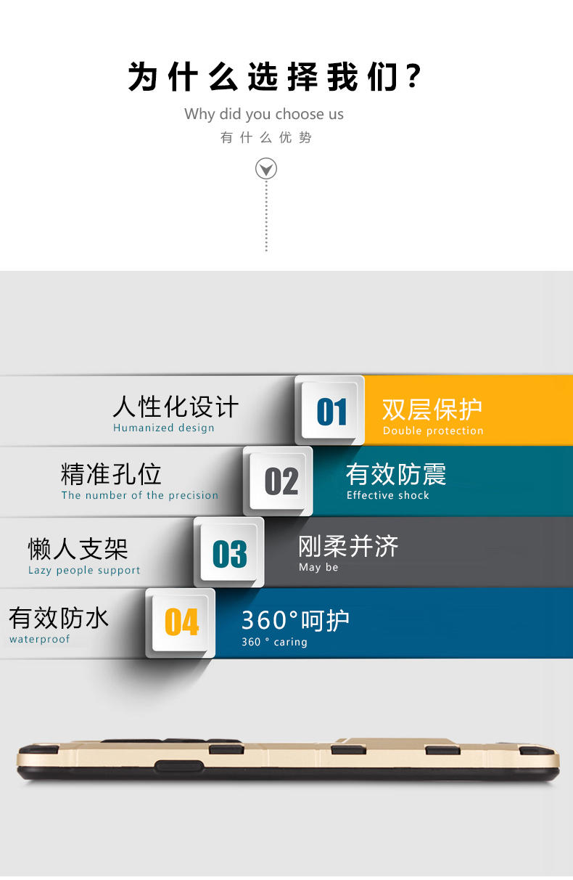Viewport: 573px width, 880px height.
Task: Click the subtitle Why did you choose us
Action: tap(264, 114)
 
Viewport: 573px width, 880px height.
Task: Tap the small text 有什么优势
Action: tap(266, 138)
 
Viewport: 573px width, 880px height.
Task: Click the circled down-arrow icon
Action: tap(266, 170)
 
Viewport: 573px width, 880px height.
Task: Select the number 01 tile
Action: tap(331, 411)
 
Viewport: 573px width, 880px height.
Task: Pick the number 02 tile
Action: tap(281, 481)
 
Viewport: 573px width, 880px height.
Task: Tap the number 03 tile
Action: tap(229, 553)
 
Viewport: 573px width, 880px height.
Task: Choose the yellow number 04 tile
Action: tap(181, 622)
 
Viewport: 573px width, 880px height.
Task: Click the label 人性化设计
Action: tap(176, 407)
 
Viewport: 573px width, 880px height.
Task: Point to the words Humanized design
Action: tap(164, 428)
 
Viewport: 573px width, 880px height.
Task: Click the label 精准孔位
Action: tap(111, 474)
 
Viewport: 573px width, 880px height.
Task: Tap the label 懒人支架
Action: tap(78, 548)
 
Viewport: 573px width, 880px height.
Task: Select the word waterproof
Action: tap(40, 640)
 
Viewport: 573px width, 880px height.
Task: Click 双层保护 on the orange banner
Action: tap(432, 410)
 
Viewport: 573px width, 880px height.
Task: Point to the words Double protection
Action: tap(433, 431)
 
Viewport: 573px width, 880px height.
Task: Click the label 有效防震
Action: tap(396, 474)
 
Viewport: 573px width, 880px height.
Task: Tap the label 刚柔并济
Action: tap(348, 546)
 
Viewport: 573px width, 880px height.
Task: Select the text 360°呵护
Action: tap(295, 620)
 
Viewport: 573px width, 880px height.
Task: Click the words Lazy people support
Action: tap(84, 571)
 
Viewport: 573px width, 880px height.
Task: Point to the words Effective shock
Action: tap(388, 496)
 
